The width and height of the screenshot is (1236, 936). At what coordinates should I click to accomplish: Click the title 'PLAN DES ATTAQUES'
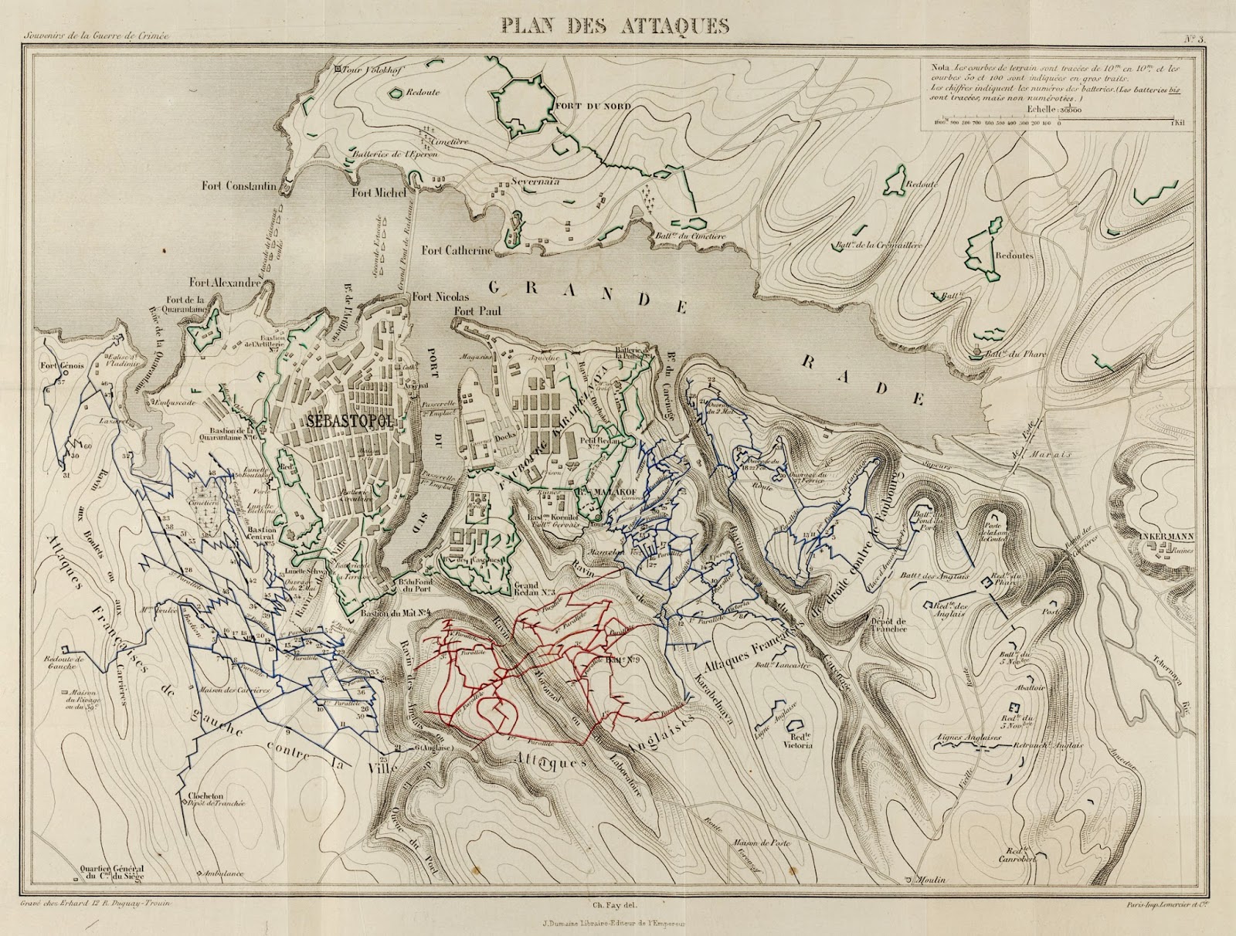pyautogui.click(x=614, y=25)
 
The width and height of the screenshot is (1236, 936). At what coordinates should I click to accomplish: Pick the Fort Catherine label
pyautogui.click(x=457, y=250)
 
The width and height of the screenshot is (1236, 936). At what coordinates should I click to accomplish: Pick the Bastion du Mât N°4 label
pyautogui.click(x=390, y=615)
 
